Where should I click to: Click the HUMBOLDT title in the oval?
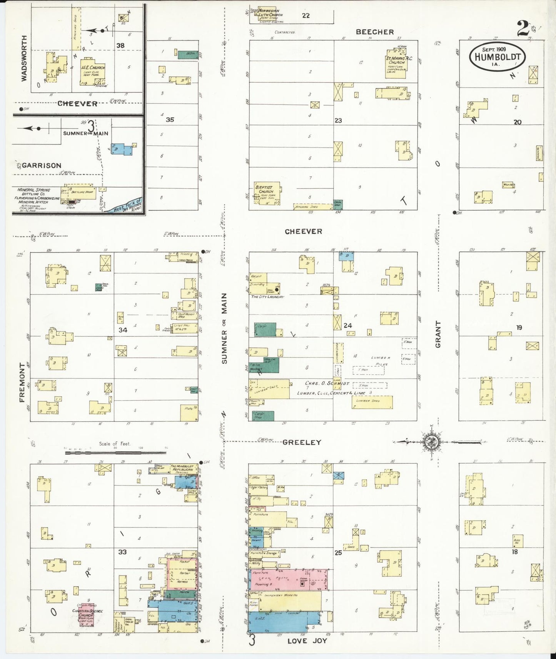tap(497, 57)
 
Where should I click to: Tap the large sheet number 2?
tap(523, 28)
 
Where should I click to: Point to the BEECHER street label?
tap(374, 32)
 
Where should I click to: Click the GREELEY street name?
tap(302, 443)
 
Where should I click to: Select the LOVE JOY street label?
tap(307, 641)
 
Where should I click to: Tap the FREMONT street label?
tap(22, 382)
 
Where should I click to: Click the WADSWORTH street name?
tap(24, 58)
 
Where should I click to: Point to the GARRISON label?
tap(42, 166)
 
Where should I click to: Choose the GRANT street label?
tap(438, 334)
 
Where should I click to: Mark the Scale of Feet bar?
tap(115, 453)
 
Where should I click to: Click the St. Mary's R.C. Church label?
tap(396, 60)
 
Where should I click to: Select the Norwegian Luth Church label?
tap(270, 13)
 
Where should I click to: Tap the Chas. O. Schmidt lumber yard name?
tap(327, 383)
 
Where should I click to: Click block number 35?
tap(170, 120)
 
